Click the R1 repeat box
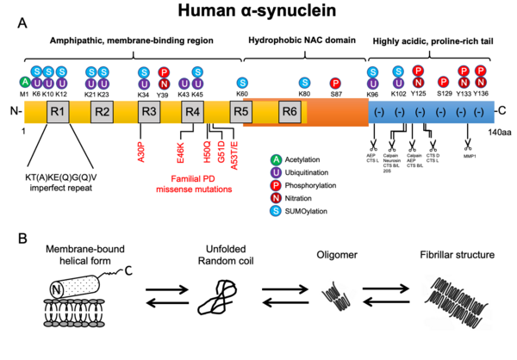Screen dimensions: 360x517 pyautogui.click(x=58, y=111)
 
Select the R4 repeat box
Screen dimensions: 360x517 pyautogui.click(x=193, y=111)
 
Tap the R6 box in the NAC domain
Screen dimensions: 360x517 pyautogui.click(x=290, y=111)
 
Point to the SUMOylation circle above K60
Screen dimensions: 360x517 pyautogui.click(x=242, y=83)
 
